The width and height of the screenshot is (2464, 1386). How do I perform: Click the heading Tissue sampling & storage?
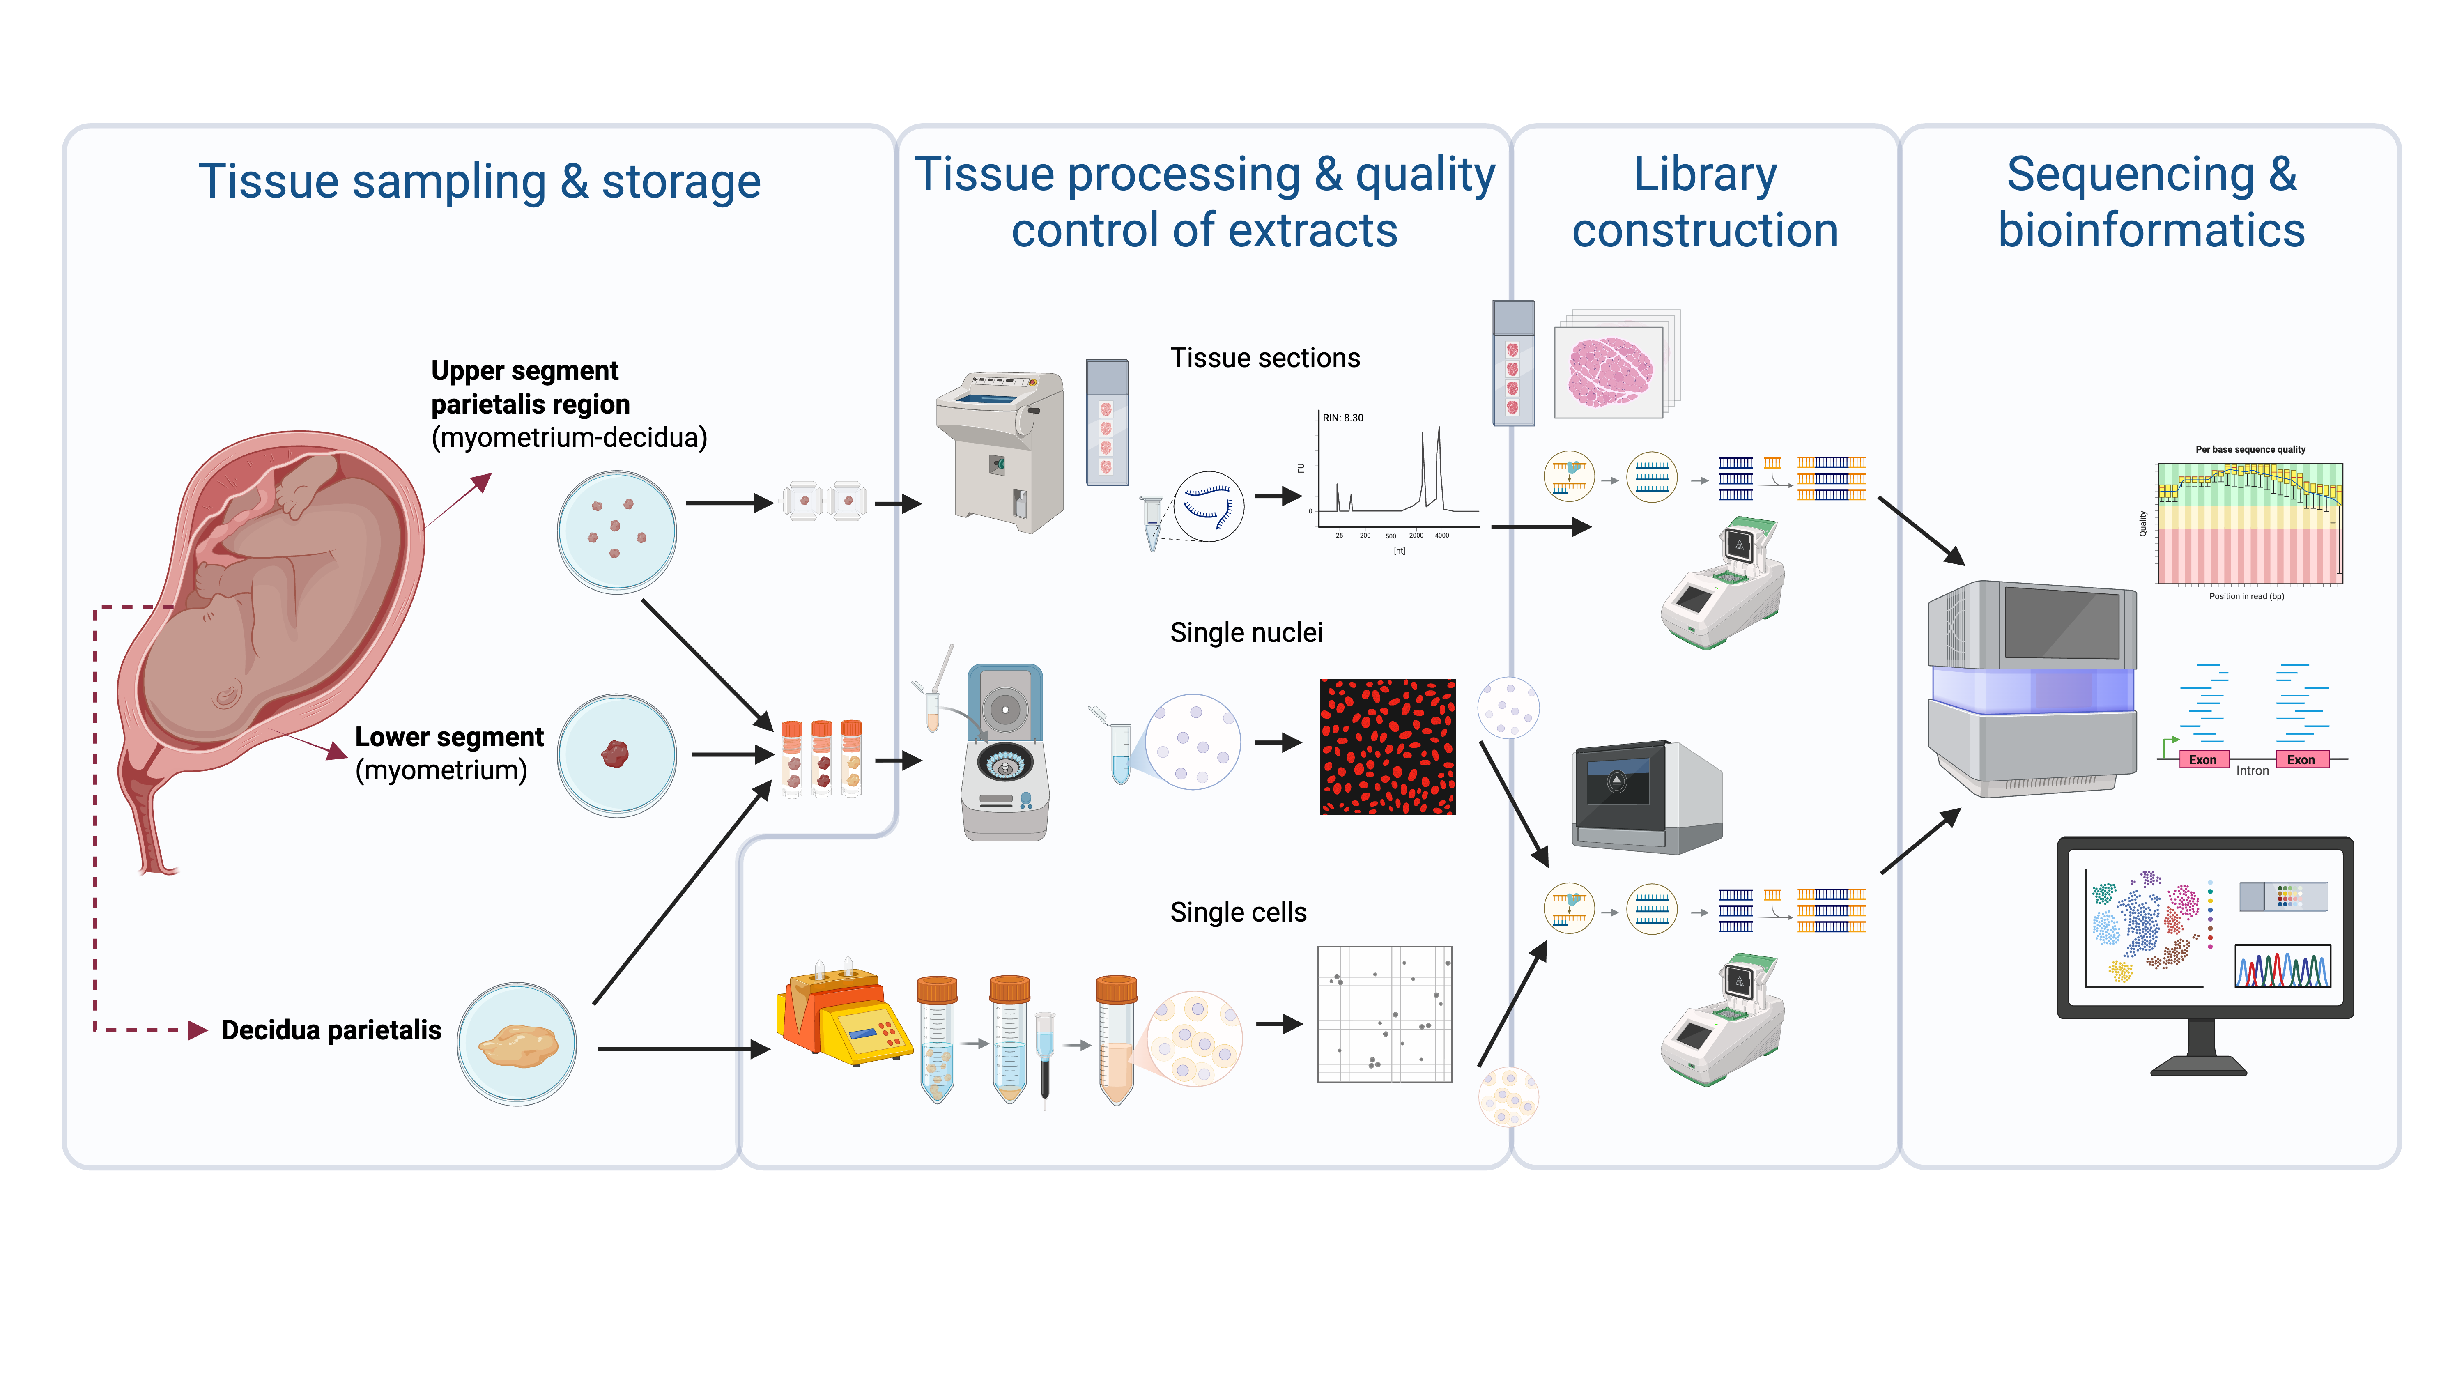click(x=479, y=182)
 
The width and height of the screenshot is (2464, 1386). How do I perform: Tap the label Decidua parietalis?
click(x=331, y=1030)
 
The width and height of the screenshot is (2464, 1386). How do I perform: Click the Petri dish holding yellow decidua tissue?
click(x=517, y=1044)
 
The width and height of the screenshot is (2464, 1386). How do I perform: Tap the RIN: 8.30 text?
click(x=1343, y=418)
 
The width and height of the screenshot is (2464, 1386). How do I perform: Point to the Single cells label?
click(x=1238, y=913)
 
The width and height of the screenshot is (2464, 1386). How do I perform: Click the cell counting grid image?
click(x=1384, y=1014)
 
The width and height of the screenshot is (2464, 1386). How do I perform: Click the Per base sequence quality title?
click(x=2250, y=450)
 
